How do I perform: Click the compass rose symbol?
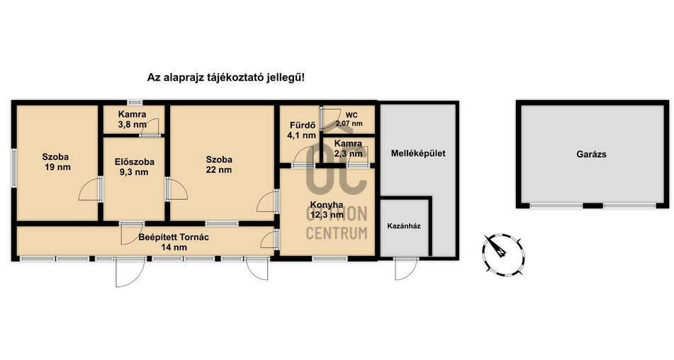(502, 254)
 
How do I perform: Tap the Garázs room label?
(591, 154)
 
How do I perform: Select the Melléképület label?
(418, 153)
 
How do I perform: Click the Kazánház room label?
(404, 225)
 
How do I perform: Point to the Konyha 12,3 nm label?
(327, 210)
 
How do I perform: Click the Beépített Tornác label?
(174, 242)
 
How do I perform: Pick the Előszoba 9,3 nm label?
(134, 167)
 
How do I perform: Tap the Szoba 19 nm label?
(56, 162)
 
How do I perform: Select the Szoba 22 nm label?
(219, 164)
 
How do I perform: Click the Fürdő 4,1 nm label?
(302, 130)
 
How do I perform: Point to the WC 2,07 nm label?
(349, 120)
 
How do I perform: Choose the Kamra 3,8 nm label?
(133, 120)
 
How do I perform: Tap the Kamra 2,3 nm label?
(348, 148)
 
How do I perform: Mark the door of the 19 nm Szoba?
(91, 189)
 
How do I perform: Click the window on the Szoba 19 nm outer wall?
(13, 168)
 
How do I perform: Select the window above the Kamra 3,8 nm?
(135, 102)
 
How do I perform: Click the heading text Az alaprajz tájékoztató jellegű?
(226, 78)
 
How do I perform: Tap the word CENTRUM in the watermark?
(337, 233)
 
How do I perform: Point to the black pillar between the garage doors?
(592, 206)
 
